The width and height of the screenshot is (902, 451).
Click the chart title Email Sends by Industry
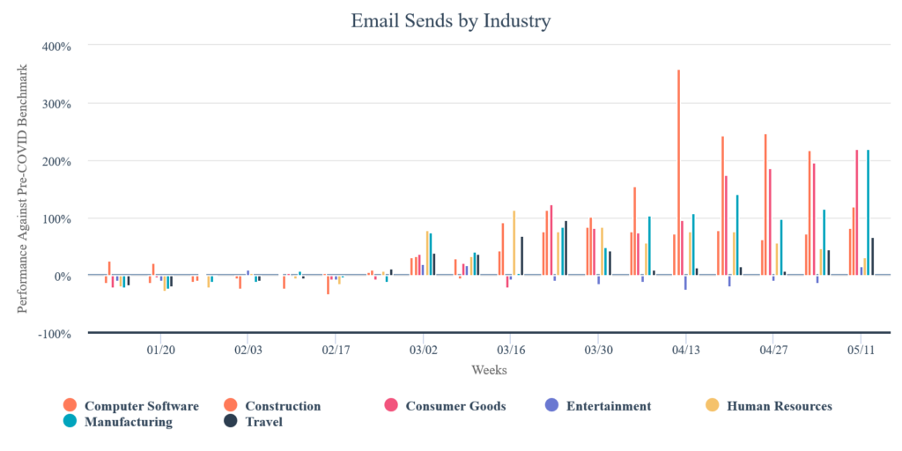(450, 20)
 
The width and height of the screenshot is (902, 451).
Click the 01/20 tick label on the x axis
(159, 350)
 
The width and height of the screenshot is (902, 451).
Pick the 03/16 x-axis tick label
(511, 350)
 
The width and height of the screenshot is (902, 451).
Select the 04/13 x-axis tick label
(686, 350)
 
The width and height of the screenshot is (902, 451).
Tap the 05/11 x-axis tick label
(861, 350)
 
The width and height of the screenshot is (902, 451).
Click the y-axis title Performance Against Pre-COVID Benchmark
(24, 189)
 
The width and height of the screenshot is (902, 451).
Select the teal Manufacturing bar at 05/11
(868, 212)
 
